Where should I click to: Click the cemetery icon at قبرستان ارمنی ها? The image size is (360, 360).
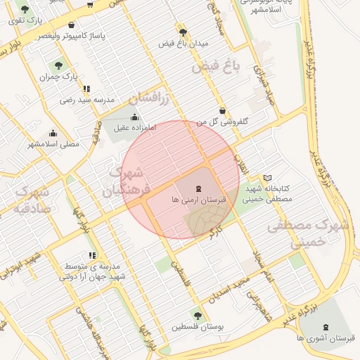pos(197,188)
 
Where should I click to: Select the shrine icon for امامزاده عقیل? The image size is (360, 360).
pos(134,117)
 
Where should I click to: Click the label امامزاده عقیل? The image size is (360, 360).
pos(134,127)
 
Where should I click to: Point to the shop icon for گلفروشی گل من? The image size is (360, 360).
pos(223,110)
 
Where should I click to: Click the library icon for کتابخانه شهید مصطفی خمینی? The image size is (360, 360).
pos(266,178)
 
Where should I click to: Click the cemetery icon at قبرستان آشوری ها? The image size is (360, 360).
pos(325,327)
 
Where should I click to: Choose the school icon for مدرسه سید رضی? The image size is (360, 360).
pos(86,89)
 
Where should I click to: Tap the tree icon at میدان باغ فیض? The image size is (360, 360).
pos(184,32)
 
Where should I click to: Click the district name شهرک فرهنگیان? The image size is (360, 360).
pos(124,181)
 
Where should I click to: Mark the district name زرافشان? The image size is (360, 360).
pos(150,96)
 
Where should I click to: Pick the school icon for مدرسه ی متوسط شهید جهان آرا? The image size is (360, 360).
pos(91,255)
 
